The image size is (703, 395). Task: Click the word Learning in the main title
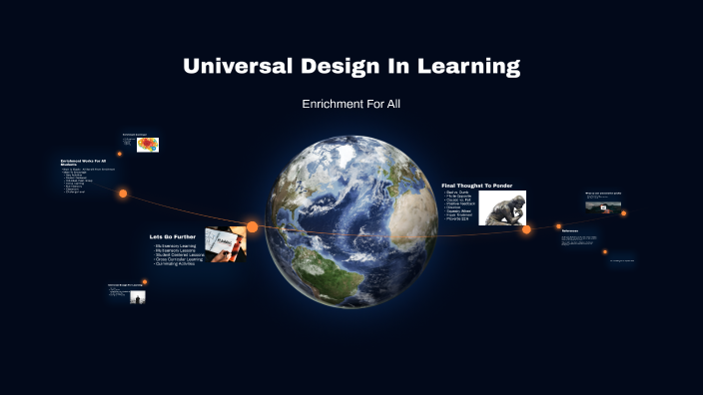468,67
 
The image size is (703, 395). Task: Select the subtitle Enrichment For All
351,104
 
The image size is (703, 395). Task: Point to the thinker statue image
502,207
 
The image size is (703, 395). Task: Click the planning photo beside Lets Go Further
225,243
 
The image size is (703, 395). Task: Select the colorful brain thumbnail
148,145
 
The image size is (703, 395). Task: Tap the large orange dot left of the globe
253,227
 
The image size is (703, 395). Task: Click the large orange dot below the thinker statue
526,229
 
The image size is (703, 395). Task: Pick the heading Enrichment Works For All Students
84,162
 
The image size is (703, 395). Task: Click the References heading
570,231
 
